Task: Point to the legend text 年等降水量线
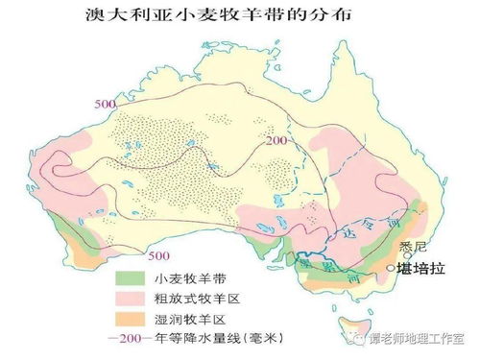click(211, 339)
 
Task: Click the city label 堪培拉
click(423, 270)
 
